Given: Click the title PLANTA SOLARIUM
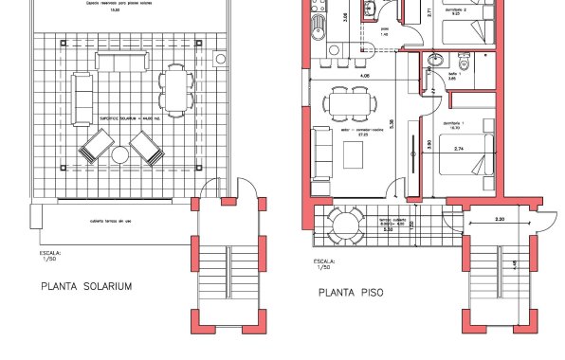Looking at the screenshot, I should click(85, 286).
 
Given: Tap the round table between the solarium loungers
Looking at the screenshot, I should click(121, 154).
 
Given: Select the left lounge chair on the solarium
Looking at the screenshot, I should click(95, 147).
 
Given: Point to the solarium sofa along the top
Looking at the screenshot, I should click(116, 62).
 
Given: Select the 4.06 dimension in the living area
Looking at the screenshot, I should click(364, 75).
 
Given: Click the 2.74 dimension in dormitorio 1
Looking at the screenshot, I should click(459, 149).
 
